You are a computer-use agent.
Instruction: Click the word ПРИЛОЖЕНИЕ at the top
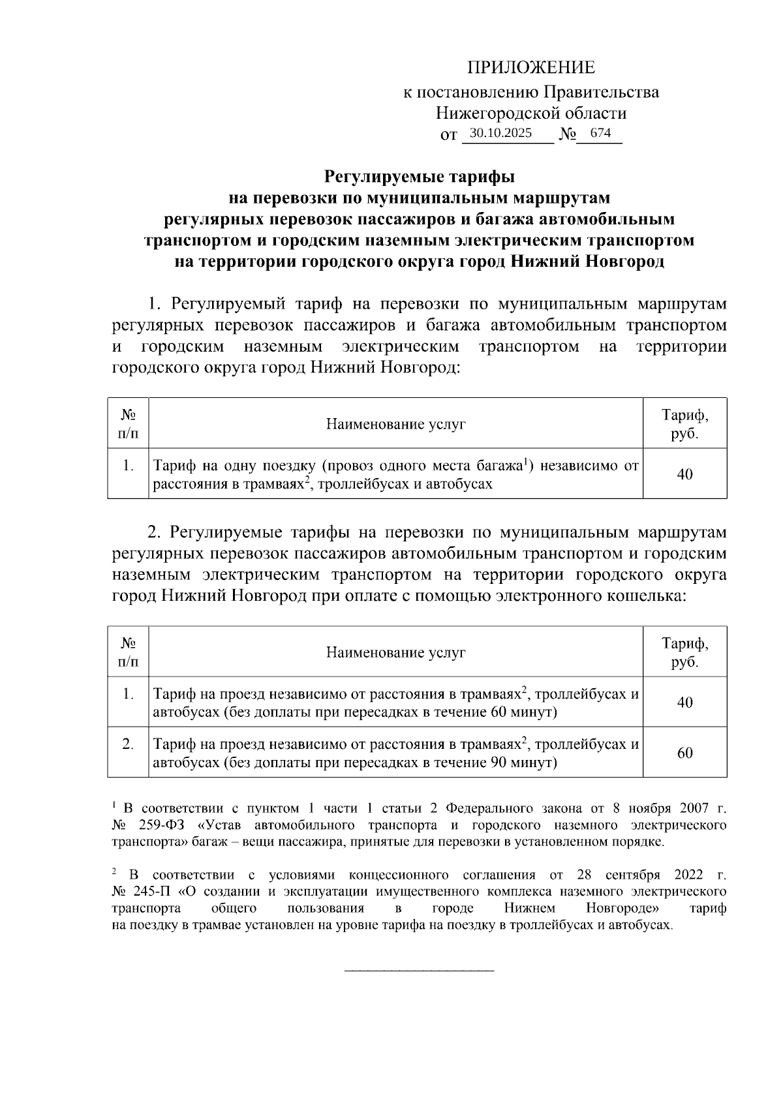click(x=530, y=68)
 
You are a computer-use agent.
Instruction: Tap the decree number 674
click(x=600, y=133)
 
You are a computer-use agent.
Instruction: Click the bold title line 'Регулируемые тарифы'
click(x=420, y=176)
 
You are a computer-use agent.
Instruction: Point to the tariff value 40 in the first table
click(x=684, y=474)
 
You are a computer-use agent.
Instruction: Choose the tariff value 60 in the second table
click(x=684, y=753)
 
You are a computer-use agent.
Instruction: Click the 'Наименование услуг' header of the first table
click(x=396, y=424)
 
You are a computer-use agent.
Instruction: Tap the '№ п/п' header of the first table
click(x=128, y=424)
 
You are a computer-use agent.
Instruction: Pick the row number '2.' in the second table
click(x=128, y=744)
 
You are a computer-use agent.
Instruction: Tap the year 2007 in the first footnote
click(x=694, y=810)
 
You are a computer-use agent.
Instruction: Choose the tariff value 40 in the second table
click(x=684, y=703)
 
